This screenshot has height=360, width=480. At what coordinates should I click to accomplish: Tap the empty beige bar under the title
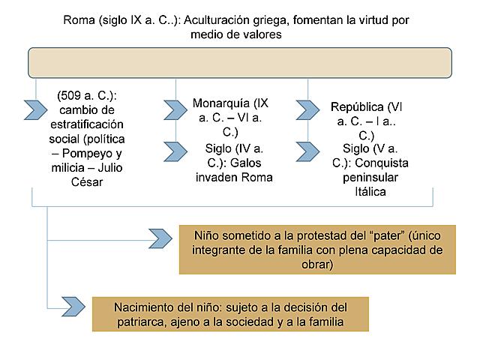[x=239, y=63]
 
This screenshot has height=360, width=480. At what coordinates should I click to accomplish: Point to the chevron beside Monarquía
[x=175, y=110]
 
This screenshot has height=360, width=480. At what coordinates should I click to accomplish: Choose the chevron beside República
[x=307, y=110]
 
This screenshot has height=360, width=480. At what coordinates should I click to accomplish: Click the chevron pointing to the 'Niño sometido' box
[x=160, y=239]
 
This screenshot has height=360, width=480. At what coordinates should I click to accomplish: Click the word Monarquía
[x=220, y=103]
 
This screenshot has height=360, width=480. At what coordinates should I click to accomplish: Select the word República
[x=357, y=106]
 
